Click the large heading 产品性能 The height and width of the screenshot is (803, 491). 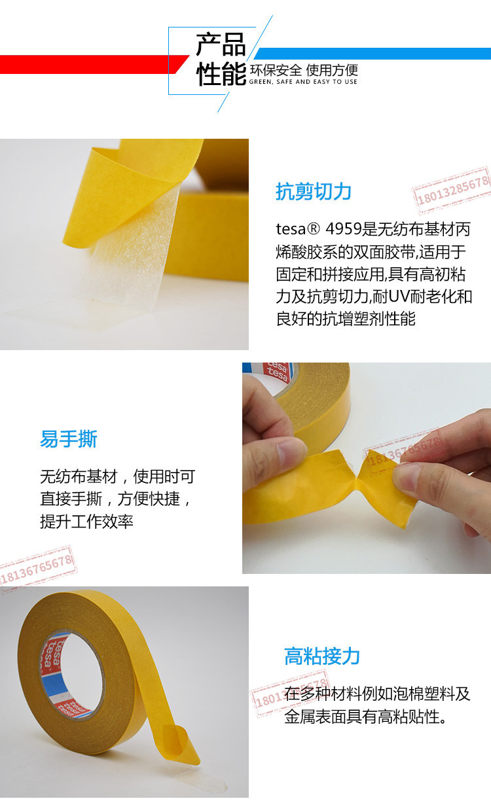221,59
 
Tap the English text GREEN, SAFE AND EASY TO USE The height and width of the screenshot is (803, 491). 303,82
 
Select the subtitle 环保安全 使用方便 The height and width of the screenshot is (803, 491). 304,70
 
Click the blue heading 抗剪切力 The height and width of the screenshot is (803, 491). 314,192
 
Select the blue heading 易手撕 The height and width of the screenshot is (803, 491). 69,438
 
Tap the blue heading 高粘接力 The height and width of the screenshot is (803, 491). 322,656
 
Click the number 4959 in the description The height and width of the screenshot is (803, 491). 344,230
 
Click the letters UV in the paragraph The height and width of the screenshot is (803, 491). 399,297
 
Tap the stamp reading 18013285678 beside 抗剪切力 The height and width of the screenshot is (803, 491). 452,190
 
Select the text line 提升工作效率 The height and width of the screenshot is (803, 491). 87,521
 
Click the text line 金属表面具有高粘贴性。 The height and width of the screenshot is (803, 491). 365,717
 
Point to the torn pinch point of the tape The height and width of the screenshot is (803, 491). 355,478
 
